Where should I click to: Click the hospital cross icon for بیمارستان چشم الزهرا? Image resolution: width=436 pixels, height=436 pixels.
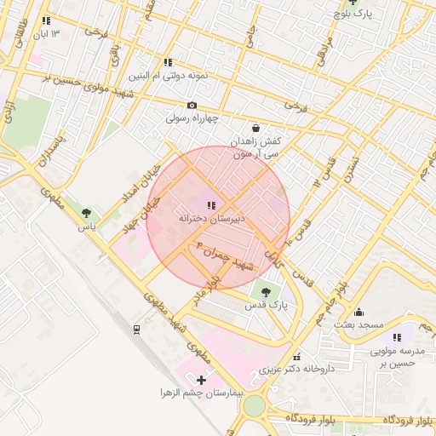pyautogui.click(x=201, y=379)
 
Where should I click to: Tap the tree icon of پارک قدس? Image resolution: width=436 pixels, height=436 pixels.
pyautogui.click(x=267, y=291)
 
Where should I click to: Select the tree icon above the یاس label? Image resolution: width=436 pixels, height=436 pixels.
pyautogui.click(x=85, y=213)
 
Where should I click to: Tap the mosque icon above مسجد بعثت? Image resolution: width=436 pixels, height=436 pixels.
pyautogui.click(x=359, y=312)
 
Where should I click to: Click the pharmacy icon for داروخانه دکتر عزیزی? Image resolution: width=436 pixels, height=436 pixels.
pyautogui.click(x=296, y=357)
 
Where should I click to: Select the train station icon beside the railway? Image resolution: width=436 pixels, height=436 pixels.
pyautogui.click(x=136, y=329)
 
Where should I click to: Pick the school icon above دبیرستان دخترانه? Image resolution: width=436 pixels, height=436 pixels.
pyautogui.click(x=211, y=204)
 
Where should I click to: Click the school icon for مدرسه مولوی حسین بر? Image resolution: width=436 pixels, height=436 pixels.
pyautogui.click(x=397, y=337)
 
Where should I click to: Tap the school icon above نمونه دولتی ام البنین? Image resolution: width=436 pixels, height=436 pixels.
pyautogui.click(x=168, y=62)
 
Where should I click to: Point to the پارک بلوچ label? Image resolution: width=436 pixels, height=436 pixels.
pyautogui.click(x=353, y=14)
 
